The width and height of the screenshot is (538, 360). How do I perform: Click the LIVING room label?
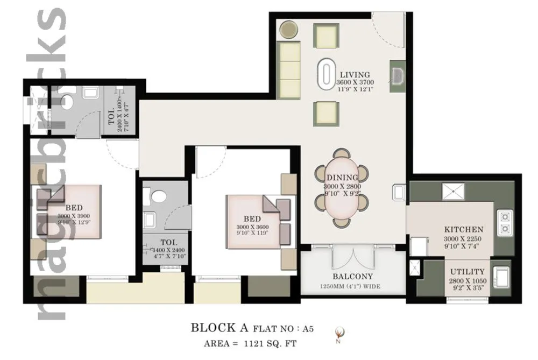(355, 75)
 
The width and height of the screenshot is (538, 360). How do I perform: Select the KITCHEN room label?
(463, 229)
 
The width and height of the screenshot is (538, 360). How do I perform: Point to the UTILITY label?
(468, 272)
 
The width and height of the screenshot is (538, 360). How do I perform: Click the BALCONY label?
(352, 277)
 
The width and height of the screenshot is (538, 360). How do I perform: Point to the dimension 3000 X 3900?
(73, 216)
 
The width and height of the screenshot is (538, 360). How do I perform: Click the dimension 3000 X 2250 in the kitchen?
(463, 239)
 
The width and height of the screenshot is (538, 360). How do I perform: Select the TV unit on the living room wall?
(398, 75)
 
